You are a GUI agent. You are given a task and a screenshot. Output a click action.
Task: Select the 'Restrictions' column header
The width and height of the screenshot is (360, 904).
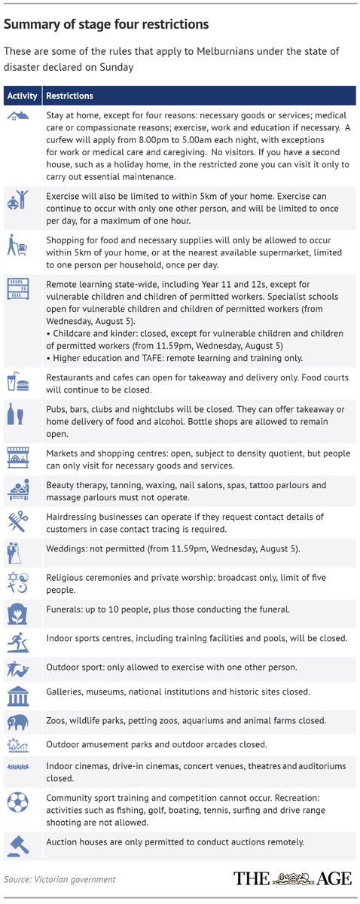click(x=70, y=96)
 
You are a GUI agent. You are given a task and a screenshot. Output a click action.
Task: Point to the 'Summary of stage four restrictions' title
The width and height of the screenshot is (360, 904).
click(x=106, y=25)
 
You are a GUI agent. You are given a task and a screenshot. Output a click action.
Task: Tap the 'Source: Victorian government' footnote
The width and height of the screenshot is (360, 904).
click(x=60, y=879)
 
